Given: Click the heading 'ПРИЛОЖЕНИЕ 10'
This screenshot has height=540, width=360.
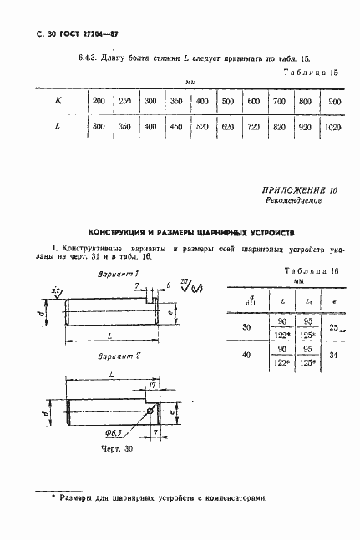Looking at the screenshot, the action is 300,190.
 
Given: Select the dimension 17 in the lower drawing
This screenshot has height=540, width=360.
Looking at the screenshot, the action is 151,385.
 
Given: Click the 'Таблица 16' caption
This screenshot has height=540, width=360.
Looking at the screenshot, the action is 311,272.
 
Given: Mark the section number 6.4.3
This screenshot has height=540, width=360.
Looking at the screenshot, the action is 65,58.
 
